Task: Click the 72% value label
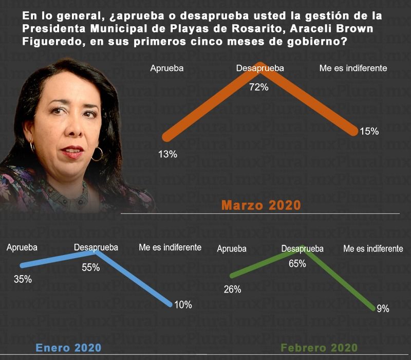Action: (259, 87)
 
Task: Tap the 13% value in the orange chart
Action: (168, 154)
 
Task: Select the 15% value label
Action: (369, 131)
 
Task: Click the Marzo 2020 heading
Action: (261, 205)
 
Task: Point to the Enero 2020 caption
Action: (68, 348)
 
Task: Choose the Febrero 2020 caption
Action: (319, 348)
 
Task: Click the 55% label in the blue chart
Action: (90, 267)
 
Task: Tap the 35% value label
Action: (23, 280)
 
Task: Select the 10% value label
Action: (183, 305)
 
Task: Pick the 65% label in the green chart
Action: (297, 264)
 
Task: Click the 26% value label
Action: (232, 290)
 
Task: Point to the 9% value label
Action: (383, 309)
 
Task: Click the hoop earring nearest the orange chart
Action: (97, 153)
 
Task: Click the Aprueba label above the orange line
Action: (167, 68)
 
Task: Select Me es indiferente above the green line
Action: (373, 248)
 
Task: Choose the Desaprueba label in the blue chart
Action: (96, 247)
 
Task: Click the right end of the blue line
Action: (170, 304)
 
